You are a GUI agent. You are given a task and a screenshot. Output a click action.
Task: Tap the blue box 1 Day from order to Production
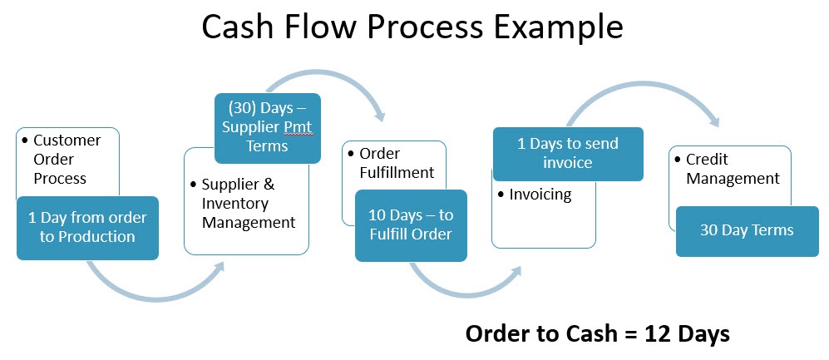pos(87,227)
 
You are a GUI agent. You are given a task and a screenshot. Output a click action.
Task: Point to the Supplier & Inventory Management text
pos(242,203)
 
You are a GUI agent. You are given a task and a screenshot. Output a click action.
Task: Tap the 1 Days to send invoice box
pos(568,153)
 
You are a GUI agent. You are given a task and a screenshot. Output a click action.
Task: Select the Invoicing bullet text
pos(540,195)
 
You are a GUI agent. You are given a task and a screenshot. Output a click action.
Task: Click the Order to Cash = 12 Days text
pos(597,333)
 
